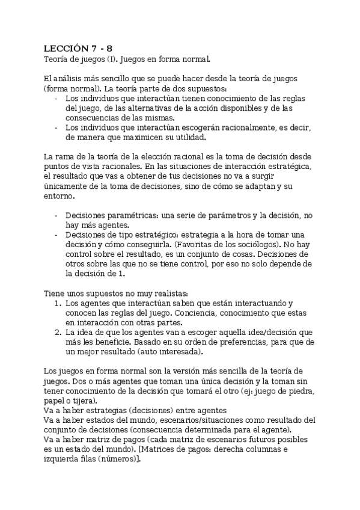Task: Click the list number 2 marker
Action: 58,332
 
